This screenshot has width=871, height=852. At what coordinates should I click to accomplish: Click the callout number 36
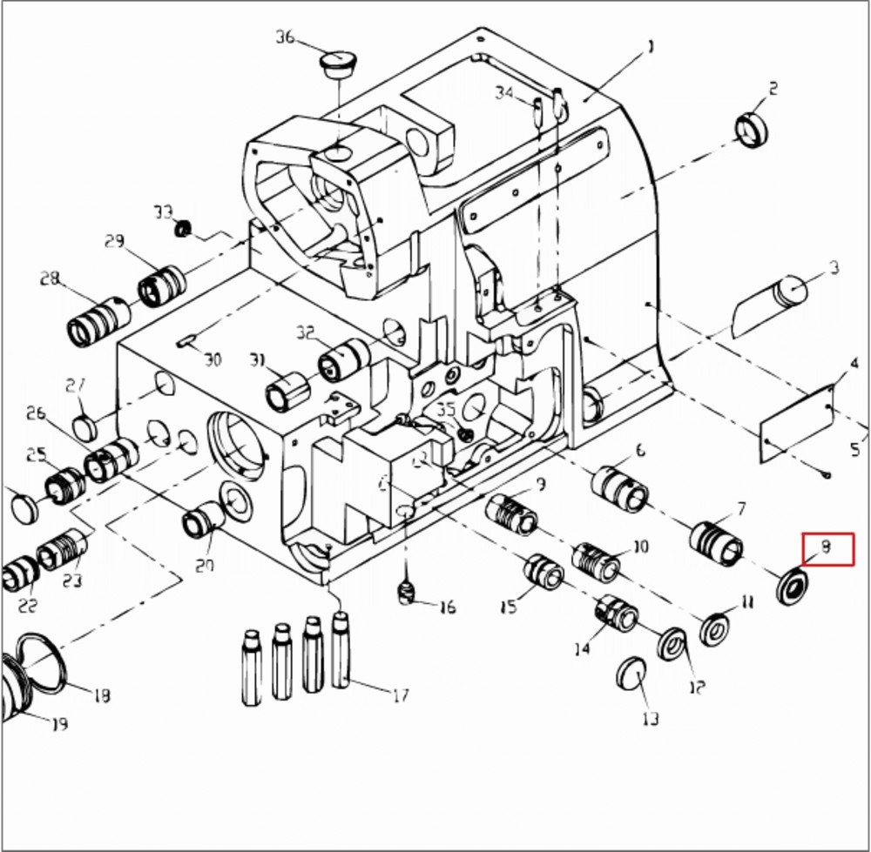click(x=286, y=37)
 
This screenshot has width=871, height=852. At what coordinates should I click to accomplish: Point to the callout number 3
click(x=834, y=267)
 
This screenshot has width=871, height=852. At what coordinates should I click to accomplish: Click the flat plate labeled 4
click(x=797, y=420)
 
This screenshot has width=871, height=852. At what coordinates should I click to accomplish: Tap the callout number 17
click(x=401, y=695)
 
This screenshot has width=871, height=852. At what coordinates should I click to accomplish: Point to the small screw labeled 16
click(x=406, y=594)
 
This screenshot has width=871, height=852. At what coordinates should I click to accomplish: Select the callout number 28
click(x=50, y=279)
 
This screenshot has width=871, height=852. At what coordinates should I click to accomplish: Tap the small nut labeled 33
click(x=183, y=229)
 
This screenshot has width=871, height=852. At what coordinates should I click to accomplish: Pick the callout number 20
click(x=204, y=567)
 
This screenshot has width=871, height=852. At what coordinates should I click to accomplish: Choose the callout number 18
click(x=102, y=695)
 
